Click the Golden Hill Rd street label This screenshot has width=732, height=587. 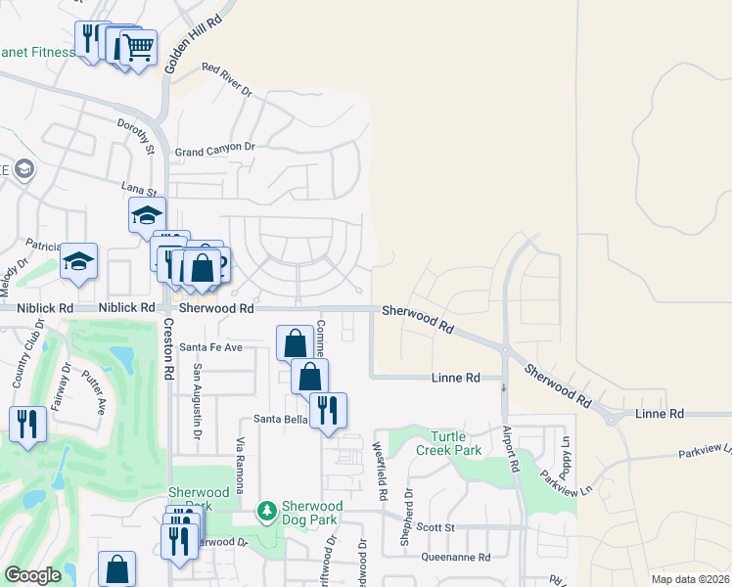pyautogui.click(x=193, y=47)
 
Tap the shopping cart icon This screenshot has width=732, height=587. pyautogui.click(x=139, y=46)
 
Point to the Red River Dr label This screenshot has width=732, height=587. pyautogui.click(x=226, y=81)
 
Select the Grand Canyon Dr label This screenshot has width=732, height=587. pyautogui.click(x=214, y=150)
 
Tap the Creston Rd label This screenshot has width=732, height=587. pyautogui.click(x=167, y=348)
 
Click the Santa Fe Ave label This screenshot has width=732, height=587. pyautogui.click(x=209, y=347)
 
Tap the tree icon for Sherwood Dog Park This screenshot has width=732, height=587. pyautogui.click(x=265, y=511)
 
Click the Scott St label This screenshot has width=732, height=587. pyautogui.click(x=437, y=527)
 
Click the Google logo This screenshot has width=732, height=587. pyautogui.click(x=32, y=575)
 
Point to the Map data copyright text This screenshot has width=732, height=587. pyautogui.click(x=689, y=579)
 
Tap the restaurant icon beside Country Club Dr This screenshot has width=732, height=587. pyautogui.click(x=27, y=424)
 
